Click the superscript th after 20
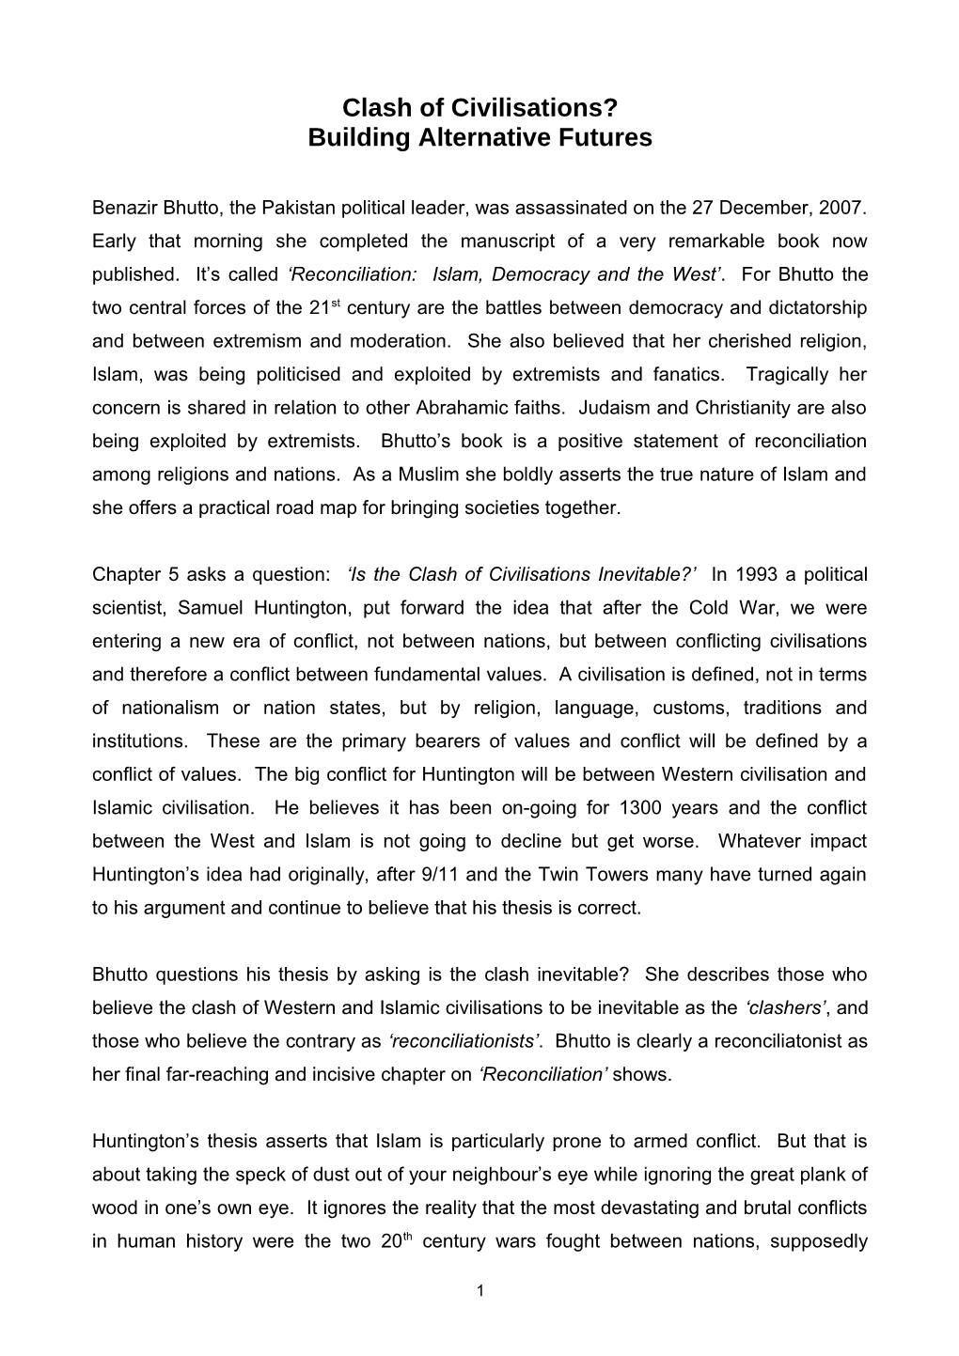411,1236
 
